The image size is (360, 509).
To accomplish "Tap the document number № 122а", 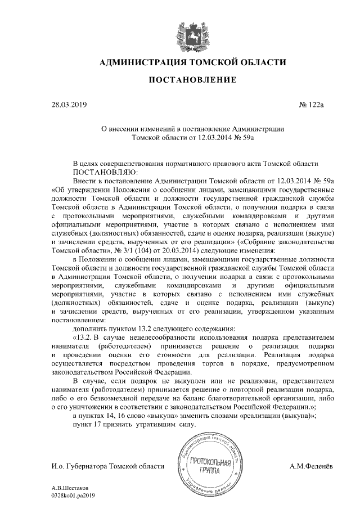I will (313, 105).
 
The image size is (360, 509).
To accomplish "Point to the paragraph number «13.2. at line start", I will (83, 337).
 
